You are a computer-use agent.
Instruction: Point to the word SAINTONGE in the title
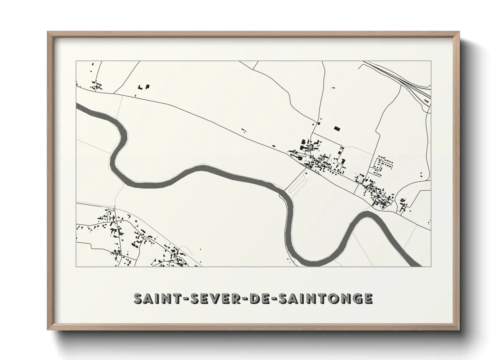tap(326, 298)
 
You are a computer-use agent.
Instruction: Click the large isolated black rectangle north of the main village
tap(337, 128)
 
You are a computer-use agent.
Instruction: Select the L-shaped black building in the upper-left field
tap(147, 86)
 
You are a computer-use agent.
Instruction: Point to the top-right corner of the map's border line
tap(431, 61)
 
